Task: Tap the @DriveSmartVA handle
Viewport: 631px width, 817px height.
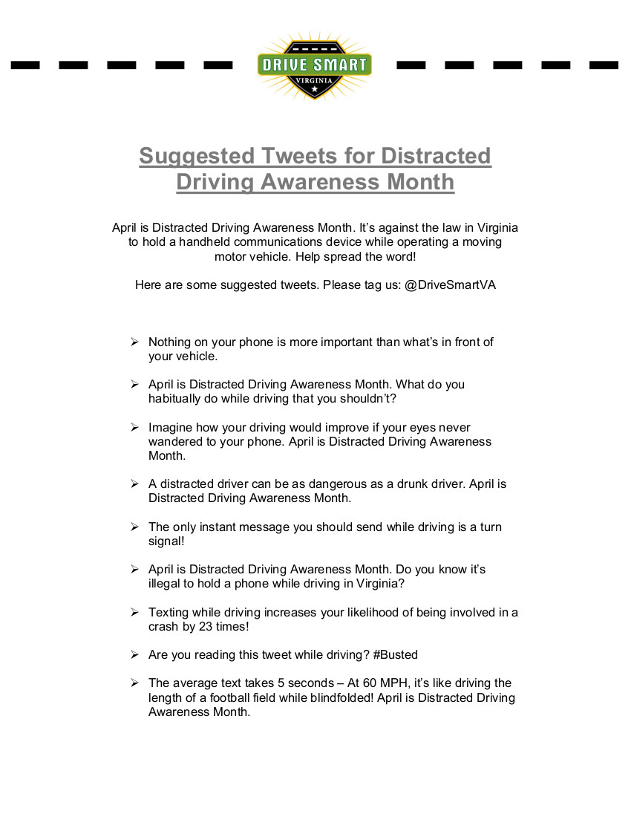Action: coord(450,285)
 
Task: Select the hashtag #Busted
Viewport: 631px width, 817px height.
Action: coord(397,654)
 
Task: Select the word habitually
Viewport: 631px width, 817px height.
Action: coord(178,398)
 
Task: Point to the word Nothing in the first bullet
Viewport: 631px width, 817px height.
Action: coord(171,342)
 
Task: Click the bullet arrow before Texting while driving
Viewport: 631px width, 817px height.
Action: coord(134,612)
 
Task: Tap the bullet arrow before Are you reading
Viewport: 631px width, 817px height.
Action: coord(134,654)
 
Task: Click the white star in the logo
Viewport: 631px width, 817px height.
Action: coord(314,88)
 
